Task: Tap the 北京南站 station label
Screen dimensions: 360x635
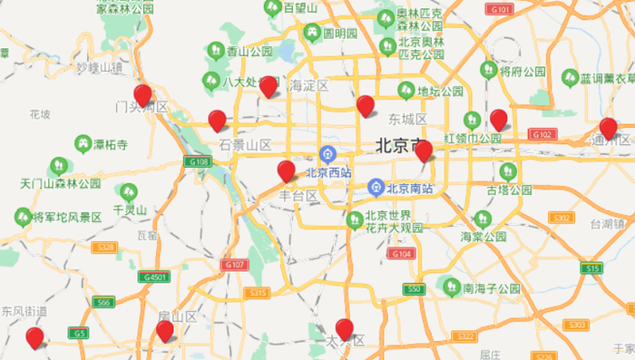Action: [409, 190]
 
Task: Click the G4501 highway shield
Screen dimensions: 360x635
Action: [155, 277]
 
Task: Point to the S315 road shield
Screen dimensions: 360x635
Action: [257, 293]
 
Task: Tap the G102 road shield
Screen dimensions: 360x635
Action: [542, 134]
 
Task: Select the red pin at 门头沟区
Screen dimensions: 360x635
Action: [142, 95]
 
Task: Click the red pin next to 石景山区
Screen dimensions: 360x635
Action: [217, 120]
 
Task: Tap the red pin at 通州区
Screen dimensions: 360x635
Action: [609, 128]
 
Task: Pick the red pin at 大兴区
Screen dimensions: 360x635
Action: [344, 328]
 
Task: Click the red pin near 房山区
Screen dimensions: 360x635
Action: [164, 330]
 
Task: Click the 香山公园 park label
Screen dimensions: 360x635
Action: [249, 52]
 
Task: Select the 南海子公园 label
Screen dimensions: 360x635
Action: [491, 289]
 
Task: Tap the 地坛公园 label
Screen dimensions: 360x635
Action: [439, 91]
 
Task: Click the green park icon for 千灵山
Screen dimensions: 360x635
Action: [128, 192]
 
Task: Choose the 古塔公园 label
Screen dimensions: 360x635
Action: [508, 190]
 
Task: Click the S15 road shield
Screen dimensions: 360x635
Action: [593, 269]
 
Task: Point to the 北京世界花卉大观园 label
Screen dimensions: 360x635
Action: [394, 223]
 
